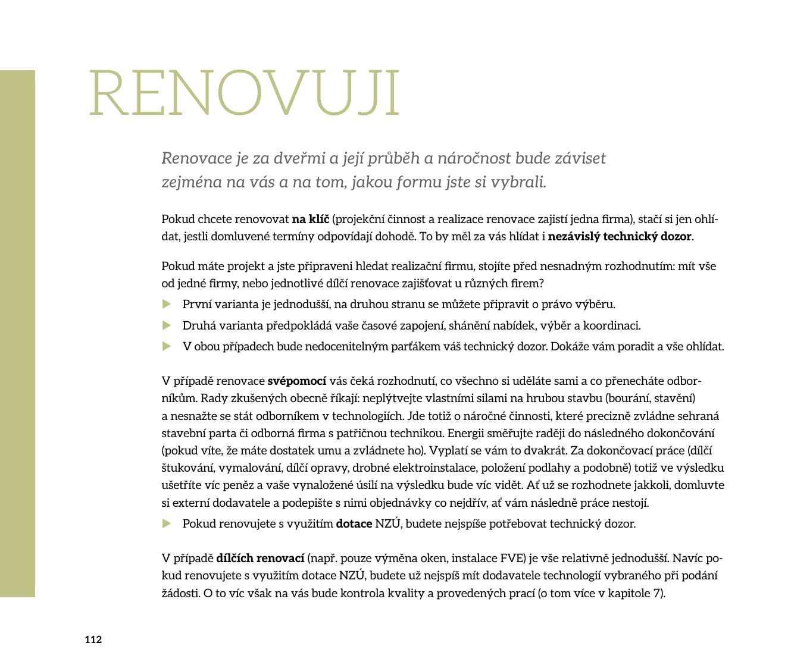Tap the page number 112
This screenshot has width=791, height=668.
tap(93, 639)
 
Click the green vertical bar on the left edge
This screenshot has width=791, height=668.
tap(17, 333)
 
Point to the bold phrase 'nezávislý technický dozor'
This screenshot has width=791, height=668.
tap(619, 237)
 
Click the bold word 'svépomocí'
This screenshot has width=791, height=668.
tap(296, 381)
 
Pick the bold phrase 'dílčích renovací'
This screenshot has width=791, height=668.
tap(260, 559)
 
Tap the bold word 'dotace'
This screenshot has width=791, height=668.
tap(354, 524)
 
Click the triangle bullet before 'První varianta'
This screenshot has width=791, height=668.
tap(167, 305)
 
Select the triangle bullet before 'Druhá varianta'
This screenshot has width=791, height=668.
tap(167, 326)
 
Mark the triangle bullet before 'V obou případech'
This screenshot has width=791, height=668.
tap(167, 346)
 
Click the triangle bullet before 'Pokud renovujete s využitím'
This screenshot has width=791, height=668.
tap(167, 524)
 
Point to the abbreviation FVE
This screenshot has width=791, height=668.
tap(512, 559)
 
